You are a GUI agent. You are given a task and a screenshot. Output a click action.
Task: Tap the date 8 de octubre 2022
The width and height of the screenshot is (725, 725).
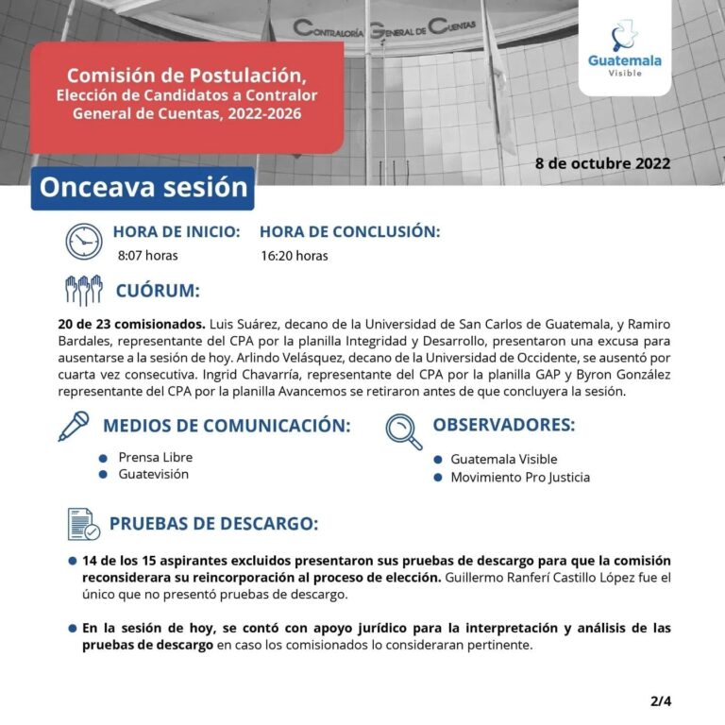[602, 162]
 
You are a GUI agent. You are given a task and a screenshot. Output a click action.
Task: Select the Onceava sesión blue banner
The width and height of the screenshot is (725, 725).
[143, 187]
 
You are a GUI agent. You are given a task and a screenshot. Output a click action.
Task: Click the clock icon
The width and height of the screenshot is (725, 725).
[84, 241]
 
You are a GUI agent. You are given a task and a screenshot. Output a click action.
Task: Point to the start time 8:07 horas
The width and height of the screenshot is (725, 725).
[147, 255]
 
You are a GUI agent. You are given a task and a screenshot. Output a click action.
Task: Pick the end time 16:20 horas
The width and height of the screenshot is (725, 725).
[295, 255]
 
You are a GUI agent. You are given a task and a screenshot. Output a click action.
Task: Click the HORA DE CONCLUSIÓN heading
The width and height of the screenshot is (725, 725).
[349, 231]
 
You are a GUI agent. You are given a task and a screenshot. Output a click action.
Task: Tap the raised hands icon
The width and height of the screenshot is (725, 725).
[83, 290]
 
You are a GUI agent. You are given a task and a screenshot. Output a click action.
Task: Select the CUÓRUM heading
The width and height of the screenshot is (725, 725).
[158, 290]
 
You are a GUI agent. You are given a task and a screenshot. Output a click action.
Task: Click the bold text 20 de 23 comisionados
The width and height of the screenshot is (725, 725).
[131, 324]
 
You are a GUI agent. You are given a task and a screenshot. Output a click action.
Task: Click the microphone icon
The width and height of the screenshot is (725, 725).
[74, 426]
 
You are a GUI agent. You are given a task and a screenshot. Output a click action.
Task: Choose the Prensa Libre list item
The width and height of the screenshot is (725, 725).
[155, 457]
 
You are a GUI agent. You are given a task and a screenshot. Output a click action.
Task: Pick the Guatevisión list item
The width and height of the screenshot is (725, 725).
[153, 474]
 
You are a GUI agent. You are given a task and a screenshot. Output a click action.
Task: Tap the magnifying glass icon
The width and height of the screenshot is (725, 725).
[404, 430]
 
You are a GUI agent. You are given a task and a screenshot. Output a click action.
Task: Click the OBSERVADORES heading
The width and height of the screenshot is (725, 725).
[503, 425]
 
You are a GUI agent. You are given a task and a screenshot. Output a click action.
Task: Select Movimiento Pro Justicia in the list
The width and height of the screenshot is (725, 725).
[519, 477]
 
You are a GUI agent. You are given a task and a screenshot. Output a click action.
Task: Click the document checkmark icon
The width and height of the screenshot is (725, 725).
[84, 524]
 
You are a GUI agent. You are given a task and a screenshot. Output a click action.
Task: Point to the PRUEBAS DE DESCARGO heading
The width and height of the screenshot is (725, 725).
[213, 524]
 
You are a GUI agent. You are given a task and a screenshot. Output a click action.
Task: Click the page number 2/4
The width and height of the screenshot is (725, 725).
[661, 700]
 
